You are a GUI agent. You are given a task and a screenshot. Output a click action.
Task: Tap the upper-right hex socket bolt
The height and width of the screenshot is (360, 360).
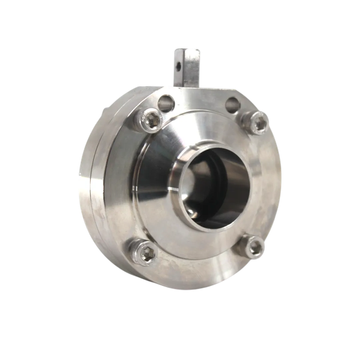point(257,124)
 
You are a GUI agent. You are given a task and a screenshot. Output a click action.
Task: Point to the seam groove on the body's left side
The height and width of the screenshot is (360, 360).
point(88,174)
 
